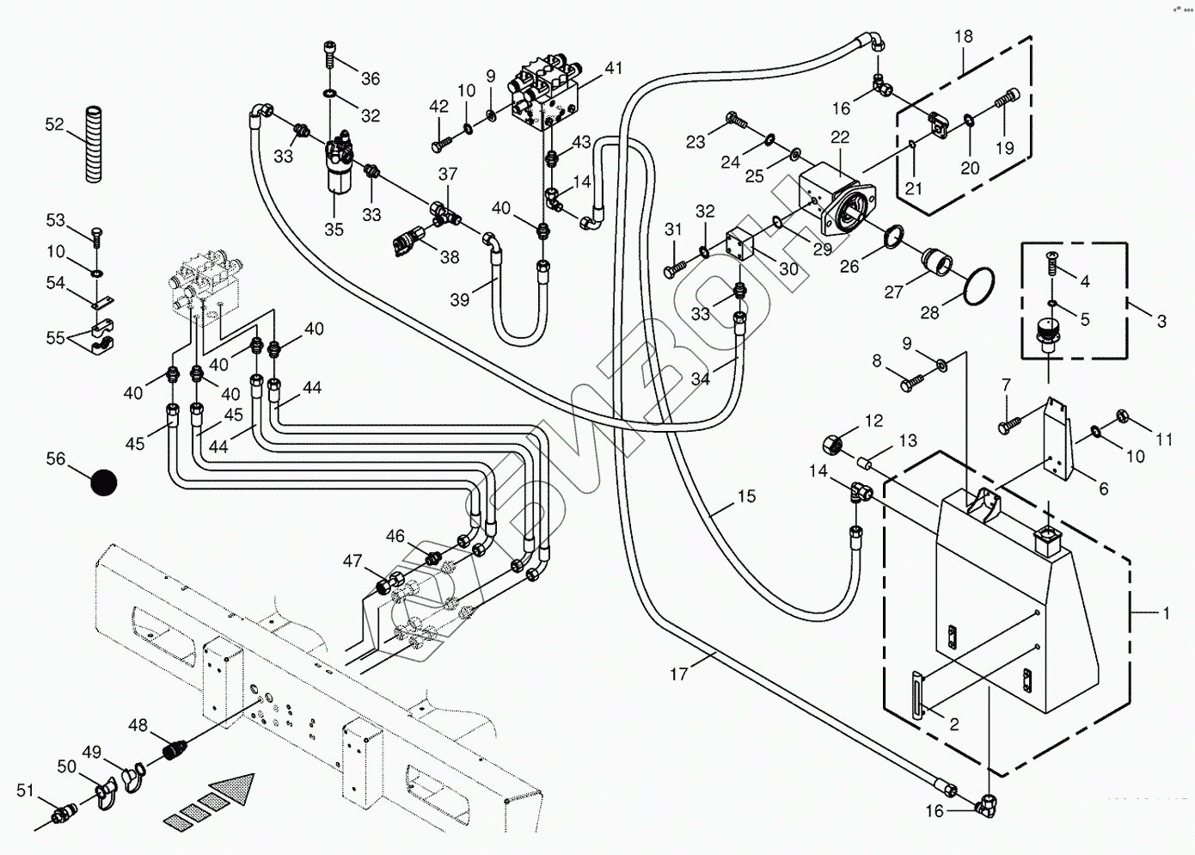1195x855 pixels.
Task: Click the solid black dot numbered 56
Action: [x=103, y=483]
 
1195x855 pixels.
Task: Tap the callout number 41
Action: [x=612, y=68]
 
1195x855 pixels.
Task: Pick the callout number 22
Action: [x=839, y=137]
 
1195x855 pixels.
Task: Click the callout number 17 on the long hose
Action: [x=679, y=674]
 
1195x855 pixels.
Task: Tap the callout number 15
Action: [x=746, y=496]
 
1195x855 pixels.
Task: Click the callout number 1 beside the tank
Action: [x=1166, y=613]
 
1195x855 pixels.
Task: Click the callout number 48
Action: [x=138, y=725]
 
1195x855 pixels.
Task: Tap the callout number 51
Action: [x=25, y=790]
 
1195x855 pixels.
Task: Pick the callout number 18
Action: [x=963, y=36]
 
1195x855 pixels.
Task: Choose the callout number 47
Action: [x=352, y=562]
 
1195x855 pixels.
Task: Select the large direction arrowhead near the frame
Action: [x=233, y=787]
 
